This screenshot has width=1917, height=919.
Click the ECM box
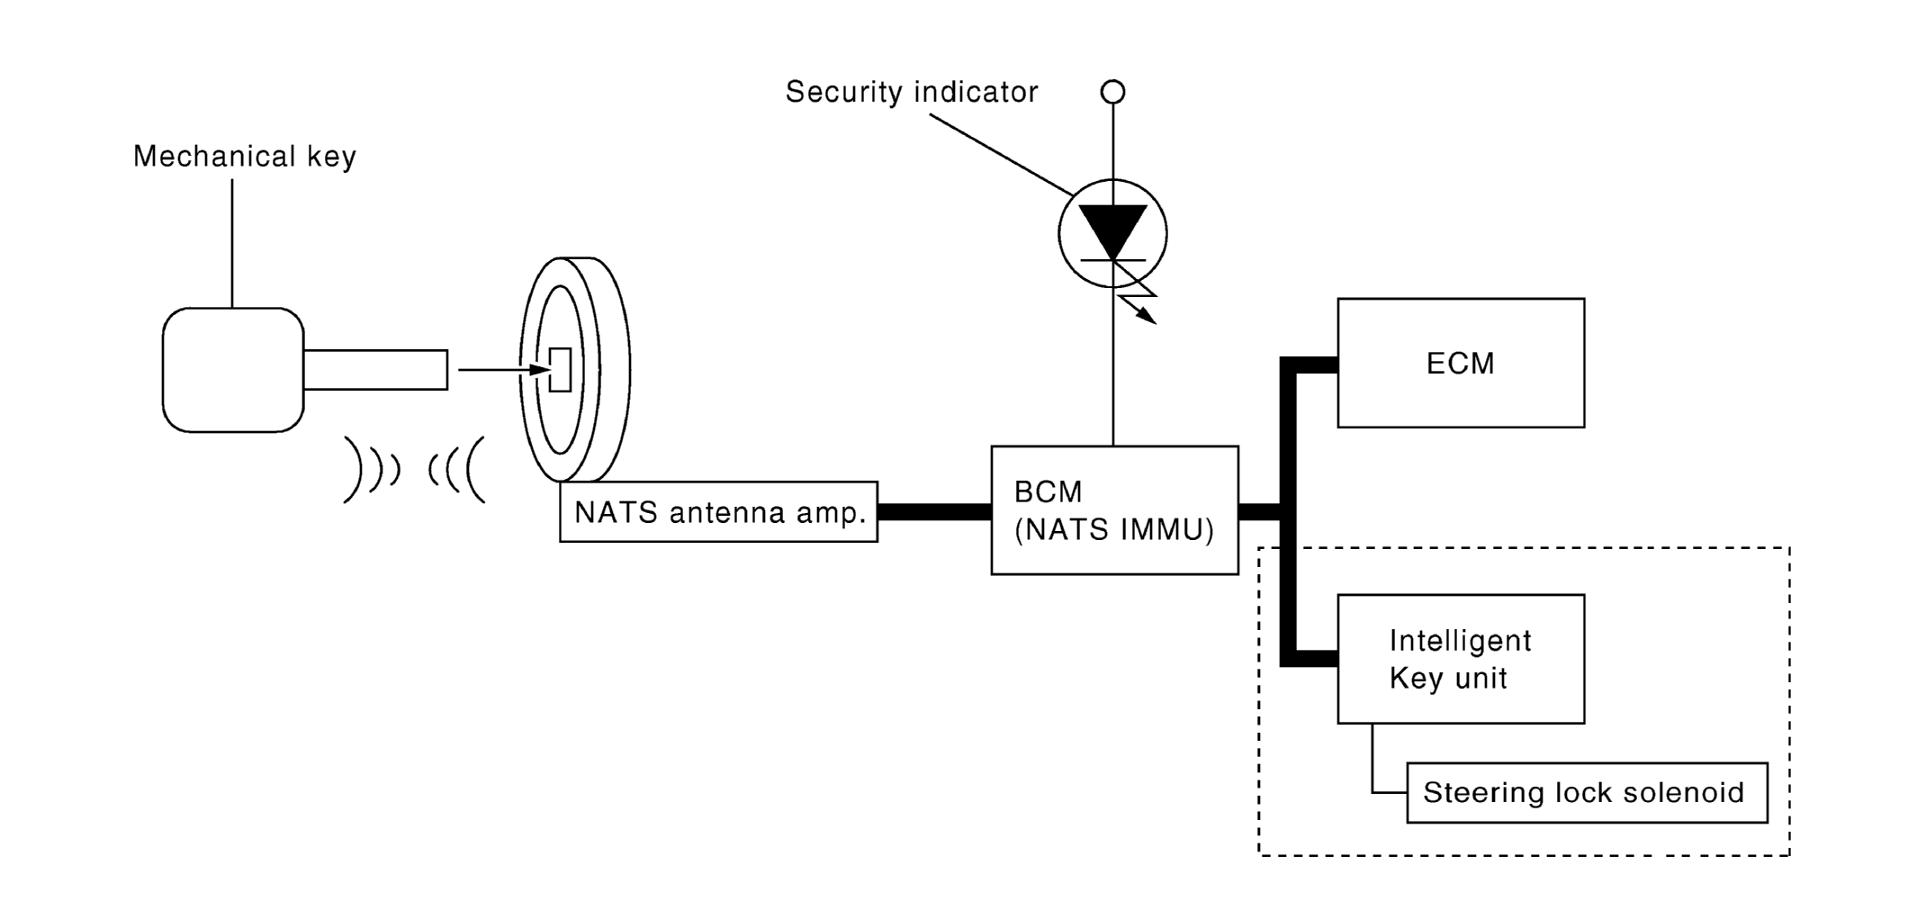coord(1460,363)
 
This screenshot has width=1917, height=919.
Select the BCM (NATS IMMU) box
coord(1114,510)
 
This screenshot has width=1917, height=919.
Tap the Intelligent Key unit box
coord(1460,658)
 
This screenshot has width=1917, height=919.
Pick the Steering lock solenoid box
coord(1586,792)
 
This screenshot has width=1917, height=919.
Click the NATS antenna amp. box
coord(718,512)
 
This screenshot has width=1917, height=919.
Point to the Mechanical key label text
coord(245,157)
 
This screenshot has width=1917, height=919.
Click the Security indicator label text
coord(912,92)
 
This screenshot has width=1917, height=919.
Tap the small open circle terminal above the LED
coord(1113,92)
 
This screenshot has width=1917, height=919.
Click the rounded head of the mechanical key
coord(233,370)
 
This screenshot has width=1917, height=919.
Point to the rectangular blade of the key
coord(375,370)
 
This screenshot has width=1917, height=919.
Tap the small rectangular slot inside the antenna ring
coord(561,369)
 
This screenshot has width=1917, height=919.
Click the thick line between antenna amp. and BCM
coord(934,512)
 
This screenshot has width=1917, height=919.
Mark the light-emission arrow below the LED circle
coord(1139,306)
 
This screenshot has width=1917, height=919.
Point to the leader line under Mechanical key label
coord(232,243)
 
